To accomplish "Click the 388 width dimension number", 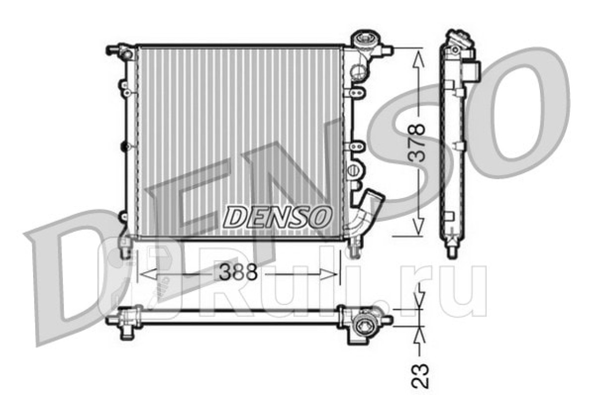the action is tap(238, 272).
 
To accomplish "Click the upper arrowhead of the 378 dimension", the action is tap(418, 59).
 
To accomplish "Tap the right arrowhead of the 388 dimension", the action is tap(328, 274).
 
